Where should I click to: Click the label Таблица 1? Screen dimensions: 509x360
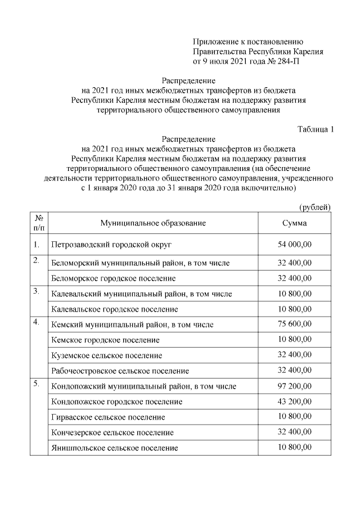[x=315, y=129]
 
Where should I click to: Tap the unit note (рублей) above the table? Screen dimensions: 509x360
[x=315, y=207]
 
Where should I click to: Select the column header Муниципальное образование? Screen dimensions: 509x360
[x=153, y=223]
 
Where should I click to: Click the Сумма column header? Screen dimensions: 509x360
[x=294, y=223]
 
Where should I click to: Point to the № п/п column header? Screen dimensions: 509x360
[x=39, y=223]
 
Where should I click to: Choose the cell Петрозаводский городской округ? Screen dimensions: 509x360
[x=111, y=245]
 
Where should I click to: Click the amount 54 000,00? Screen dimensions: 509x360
[x=294, y=245]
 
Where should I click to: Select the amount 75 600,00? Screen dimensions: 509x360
[x=294, y=325]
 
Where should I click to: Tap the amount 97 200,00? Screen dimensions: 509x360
[x=294, y=386]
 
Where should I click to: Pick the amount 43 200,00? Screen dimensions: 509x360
[x=294, y=402]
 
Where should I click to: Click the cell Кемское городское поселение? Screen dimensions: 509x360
[x=105, y=340]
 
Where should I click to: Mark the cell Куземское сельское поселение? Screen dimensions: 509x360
[x=106, y=356]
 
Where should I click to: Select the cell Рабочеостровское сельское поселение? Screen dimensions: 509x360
[x=120, y=371]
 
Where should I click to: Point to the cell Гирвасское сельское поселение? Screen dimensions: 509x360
[x=107, y=417]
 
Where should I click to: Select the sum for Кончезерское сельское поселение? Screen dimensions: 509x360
[x=294, y=433]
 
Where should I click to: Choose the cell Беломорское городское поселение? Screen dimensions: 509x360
[x=113, y=278]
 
